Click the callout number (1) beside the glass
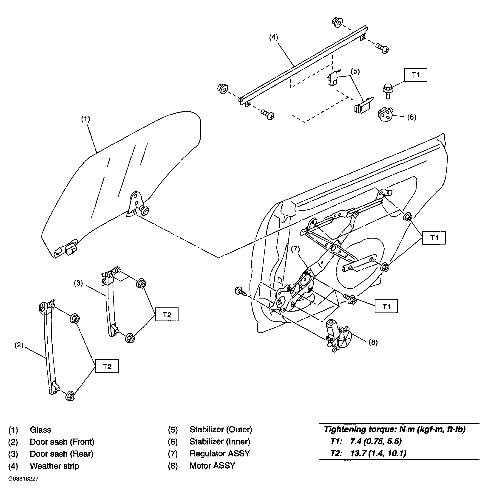pos(86,119)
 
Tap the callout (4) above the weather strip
pos(273,37)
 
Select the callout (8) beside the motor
pos(373,343)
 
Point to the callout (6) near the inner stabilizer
pos(412,117)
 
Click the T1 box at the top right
pos(416,75)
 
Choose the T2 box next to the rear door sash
pos(167,314)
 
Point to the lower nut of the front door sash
pos(71,396)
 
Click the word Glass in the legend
pos(40,429)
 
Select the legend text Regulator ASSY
pos(220,453)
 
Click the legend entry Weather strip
pos(55,466)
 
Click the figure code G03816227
pos(24,479)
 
